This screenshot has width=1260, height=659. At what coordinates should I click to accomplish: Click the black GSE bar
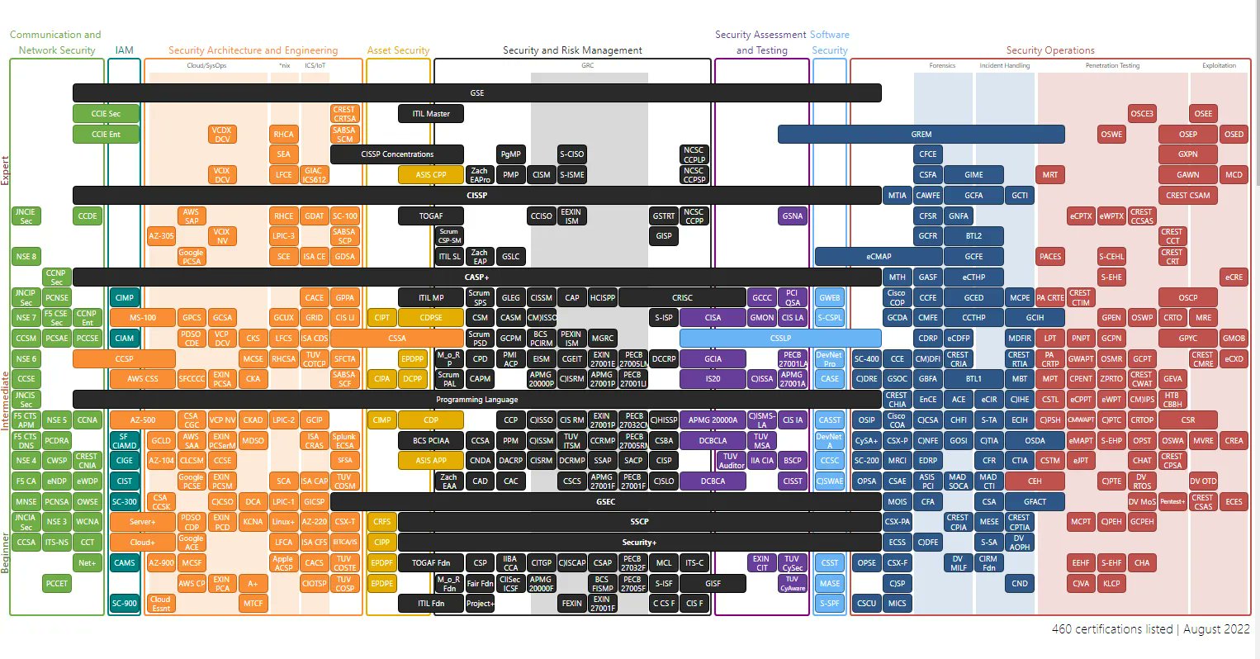(476, 93)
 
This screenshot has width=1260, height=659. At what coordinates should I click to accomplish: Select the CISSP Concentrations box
(397, 154)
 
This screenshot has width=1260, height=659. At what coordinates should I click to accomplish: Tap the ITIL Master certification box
(431, 114)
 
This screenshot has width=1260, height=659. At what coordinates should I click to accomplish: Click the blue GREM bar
(921, 135)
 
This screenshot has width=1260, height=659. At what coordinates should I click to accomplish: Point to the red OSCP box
(1187, 297)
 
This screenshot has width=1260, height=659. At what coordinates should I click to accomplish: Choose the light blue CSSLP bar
(780, 338)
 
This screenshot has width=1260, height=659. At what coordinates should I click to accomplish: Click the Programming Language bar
(476, 400)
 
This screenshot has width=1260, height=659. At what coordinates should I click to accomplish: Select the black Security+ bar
(639, 543)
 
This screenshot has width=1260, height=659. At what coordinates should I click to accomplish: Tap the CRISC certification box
(682, 297)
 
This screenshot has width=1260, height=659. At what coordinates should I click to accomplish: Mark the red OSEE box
(1203, 114)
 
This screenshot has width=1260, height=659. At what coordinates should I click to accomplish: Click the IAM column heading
(125, 50)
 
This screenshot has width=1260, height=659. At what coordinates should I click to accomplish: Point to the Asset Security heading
(398, 50)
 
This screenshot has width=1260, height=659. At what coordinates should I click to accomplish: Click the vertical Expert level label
(6, 170)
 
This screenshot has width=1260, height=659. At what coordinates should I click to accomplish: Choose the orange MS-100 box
(142, 318)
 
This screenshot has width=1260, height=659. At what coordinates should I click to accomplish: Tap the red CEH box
(1035, 481)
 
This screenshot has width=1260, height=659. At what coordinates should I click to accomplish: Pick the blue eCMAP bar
(879, 257)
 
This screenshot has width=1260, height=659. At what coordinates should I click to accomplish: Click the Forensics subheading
(942, 65)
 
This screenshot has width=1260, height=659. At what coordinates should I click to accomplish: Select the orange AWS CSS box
(142, 379)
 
